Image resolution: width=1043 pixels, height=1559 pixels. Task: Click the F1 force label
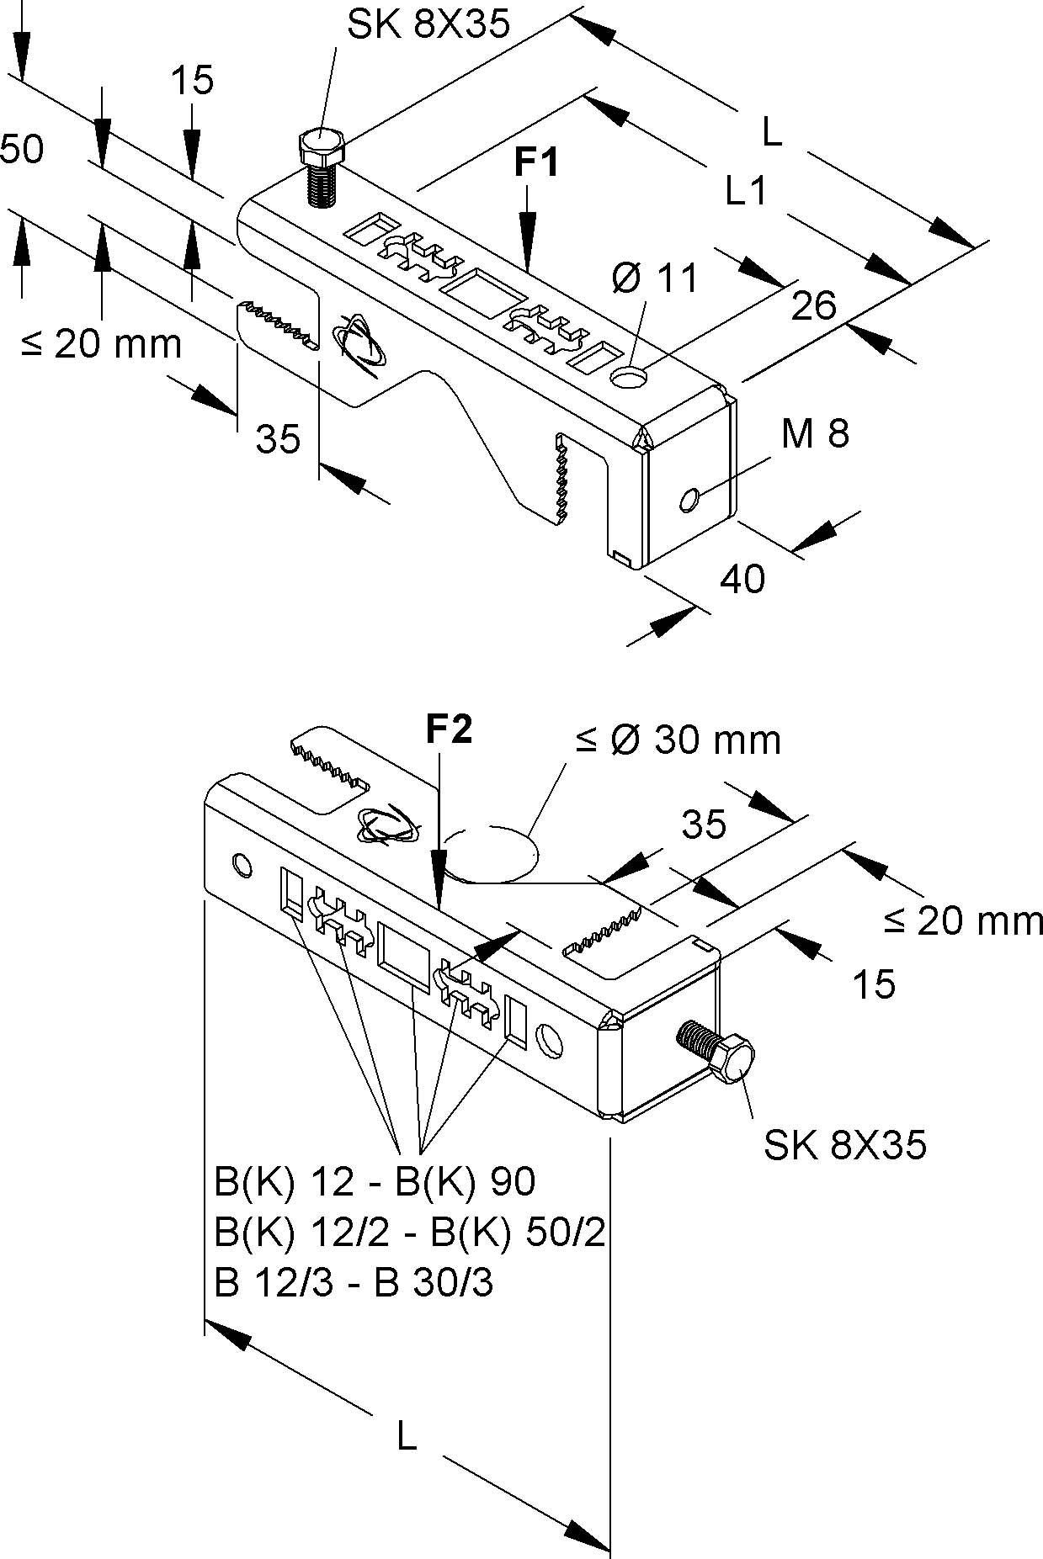click(536, 162)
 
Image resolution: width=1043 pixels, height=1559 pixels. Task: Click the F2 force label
click(449, 729)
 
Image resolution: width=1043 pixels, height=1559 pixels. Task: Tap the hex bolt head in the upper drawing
click(321, 147)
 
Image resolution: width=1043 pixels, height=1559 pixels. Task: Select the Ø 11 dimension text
click(655, 278)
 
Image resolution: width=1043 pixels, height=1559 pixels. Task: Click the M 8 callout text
click(815, 433)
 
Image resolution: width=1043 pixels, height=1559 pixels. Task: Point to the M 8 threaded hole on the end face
click(689, 501)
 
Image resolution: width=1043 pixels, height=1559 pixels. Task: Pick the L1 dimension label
click(747, 192)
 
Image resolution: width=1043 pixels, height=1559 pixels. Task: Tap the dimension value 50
click(22, 150)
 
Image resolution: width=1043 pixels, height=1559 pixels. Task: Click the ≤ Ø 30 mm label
click(678, 740)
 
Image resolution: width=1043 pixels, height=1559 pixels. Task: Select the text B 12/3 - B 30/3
click(354, 1285)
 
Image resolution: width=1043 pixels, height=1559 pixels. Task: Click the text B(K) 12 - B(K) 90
click(375, 1182)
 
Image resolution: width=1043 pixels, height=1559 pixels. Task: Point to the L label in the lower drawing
click(407, 1437)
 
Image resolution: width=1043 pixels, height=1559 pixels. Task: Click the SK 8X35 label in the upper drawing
click(428, 25)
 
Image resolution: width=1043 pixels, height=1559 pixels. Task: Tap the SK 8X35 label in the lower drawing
click(844, 1145)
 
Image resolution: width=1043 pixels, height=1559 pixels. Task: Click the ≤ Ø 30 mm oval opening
click(491, 854)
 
